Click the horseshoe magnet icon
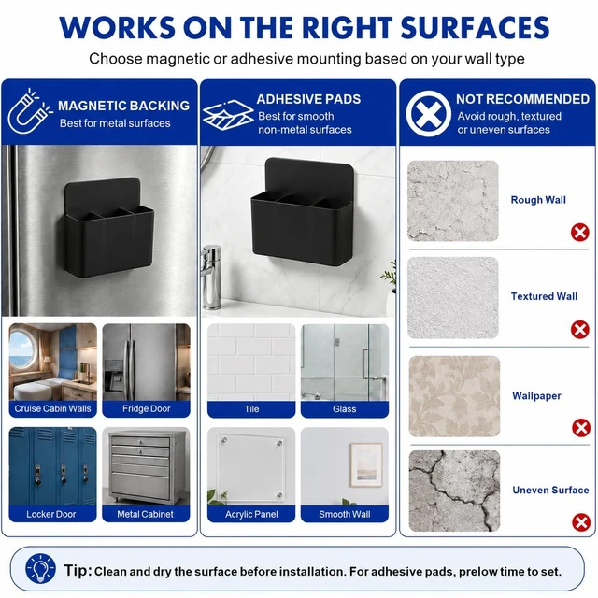coord(29,112)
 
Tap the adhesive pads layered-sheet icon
coord(228,115)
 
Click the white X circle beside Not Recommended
coord(428,114)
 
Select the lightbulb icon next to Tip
coord(40,568)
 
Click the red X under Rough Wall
coord(579,232)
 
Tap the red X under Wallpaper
coord(581,428)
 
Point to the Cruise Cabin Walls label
coord(52,409)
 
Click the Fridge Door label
coord(146,409)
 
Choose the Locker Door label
coord(51,514)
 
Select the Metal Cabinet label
coord(146,514)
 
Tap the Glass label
coord(345,409)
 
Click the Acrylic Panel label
coord(251,515)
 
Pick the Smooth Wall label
coord(345,515)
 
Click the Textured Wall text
coord(544,296)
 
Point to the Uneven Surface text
coord(550,490)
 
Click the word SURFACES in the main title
coord(475,27)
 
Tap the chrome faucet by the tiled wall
coord(210,277)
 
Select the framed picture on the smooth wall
coord(365,465)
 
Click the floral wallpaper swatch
coord(454,396)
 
